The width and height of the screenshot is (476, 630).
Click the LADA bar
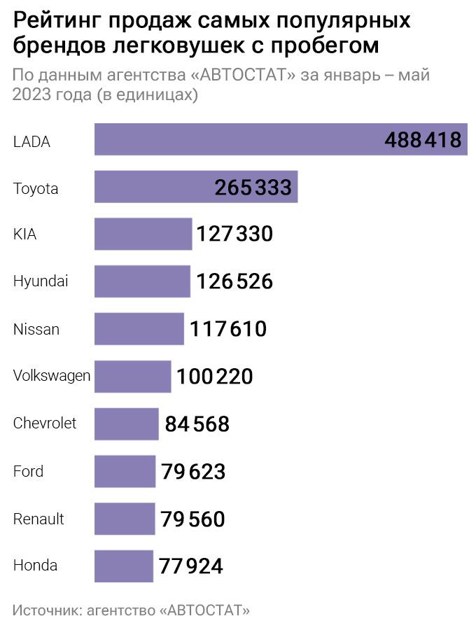pos(281,139)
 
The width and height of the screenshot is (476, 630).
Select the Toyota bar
pos(196,186)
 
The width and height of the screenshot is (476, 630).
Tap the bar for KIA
pos(143,234)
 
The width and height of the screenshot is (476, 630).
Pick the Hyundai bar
pos(142,281)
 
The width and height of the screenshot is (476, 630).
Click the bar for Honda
pos(124,566)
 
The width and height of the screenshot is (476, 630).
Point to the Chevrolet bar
pos(127,424)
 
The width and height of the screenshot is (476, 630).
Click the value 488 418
pos(423,140)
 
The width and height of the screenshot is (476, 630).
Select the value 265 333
pos(253,187)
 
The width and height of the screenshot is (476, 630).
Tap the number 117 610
pos(227,329)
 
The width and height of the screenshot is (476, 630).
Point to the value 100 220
pos(214,377)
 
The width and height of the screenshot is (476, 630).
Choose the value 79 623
pos(193,471)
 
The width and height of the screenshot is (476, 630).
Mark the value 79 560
pos(192,519)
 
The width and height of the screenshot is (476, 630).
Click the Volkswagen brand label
pos(52,376)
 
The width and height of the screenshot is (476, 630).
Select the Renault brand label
pos(38,519)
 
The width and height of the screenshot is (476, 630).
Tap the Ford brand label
pos(28,471)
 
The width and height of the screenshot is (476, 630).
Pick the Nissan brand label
pos(36,329)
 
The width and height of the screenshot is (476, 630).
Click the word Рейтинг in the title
pos(56,21)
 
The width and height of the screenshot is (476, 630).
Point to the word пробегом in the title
pos(325,45)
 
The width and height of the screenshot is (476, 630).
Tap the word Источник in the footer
pos(48,610)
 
